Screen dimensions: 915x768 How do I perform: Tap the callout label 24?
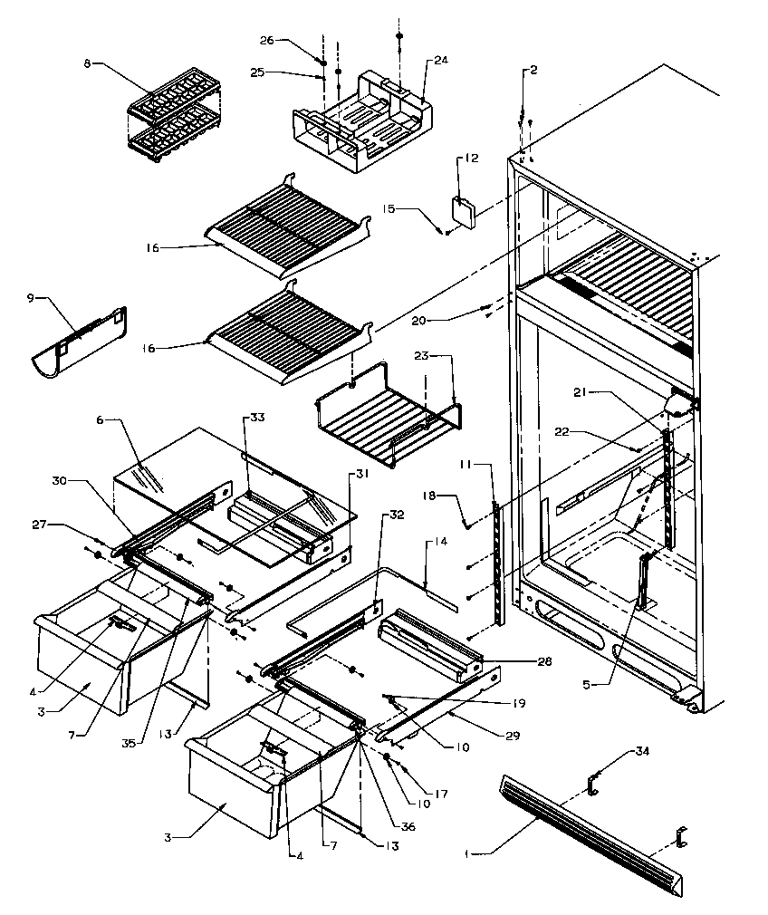tap(440, 61)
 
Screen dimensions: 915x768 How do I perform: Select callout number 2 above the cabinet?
tap(533, 70)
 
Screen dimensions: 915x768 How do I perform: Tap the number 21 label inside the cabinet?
tap(580, 391)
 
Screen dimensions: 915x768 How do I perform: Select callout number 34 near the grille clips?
tap(641, 751)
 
